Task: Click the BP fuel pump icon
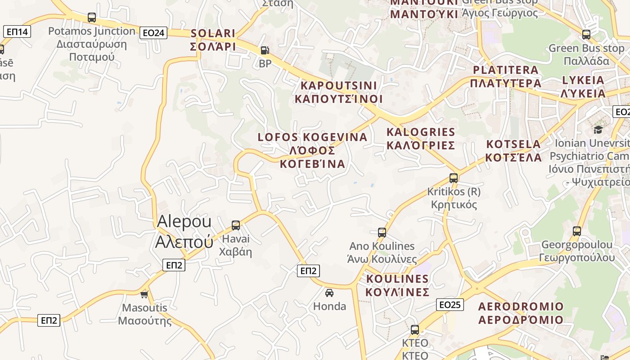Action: pyautogui.click(x=265, y=50)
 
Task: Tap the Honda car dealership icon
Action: pyautogui.click(x=329, y=293)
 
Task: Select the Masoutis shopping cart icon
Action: pyautogui.click(x=144, y=294)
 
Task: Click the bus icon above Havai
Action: pyautogui.click(x=236, y=225)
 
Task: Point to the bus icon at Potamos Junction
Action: pyautogui.click(x=92, y=18)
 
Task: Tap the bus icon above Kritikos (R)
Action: pyautogui.click(x=454, y=178)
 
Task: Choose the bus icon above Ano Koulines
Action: pyautogui.click(x=382, y=233)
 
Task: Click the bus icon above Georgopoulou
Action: pyautogui.click(x=577, y=231)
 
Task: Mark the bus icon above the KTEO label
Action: pyautogui.click(x=415, y=330)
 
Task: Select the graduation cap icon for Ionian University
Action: pyautogui.click(x=598, y=130)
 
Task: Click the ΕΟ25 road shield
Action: pyautogui.click(x=450, y=305)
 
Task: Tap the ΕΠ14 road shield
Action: pyautogui.click(x=17, y=31)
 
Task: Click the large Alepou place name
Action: pyautogui.click(x=184, y=231)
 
